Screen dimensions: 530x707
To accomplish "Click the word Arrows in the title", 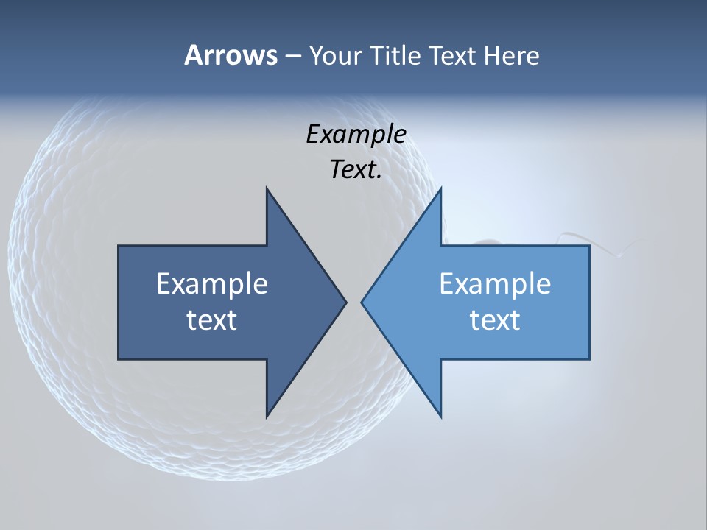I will point(231,55).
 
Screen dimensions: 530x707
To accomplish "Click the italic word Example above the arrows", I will point(356,134).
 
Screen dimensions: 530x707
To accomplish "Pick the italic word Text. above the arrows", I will point(356,169).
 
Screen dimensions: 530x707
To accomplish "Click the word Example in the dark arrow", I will point(212,284).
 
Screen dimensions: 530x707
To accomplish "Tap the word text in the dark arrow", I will point(212,320).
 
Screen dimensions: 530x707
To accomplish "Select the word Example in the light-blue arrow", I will point(495,284).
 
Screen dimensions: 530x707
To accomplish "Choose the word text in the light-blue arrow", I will point(495,320).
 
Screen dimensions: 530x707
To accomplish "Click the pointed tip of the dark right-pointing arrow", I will point(345,302).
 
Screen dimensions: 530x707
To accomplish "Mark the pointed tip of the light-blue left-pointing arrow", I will point(362,302).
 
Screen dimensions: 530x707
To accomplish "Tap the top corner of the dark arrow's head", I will point(267,189).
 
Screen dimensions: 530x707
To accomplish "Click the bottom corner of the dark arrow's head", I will point(267,416).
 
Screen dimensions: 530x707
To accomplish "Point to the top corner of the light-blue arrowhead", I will point(440,189).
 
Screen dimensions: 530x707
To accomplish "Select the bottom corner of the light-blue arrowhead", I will point(440,416).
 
